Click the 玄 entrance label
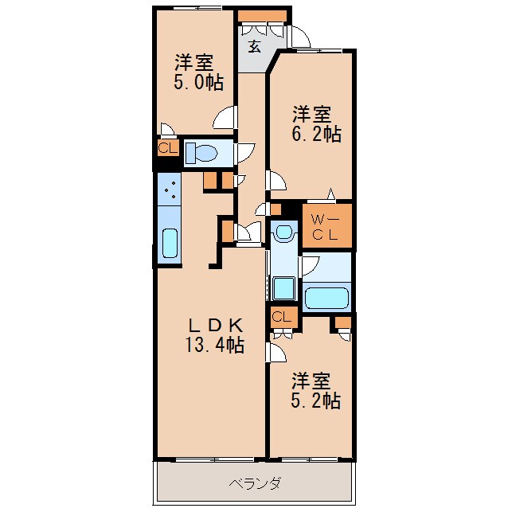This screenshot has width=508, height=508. tap(254, 46)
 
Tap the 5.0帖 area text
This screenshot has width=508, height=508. tap(198, 81)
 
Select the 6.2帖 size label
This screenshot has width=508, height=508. tap(316, 135)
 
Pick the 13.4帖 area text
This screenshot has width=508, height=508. tap(211, 346)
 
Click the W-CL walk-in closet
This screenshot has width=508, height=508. tap(326, 227)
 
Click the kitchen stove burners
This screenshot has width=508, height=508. tap(170, 190)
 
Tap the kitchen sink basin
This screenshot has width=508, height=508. tap(170, 243)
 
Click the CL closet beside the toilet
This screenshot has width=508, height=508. tap(167, 149)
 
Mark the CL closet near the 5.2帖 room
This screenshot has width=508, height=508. tap(282, 317)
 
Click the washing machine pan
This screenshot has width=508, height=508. tap(282, 287)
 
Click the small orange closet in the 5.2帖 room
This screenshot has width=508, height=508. tap(343, 322)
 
